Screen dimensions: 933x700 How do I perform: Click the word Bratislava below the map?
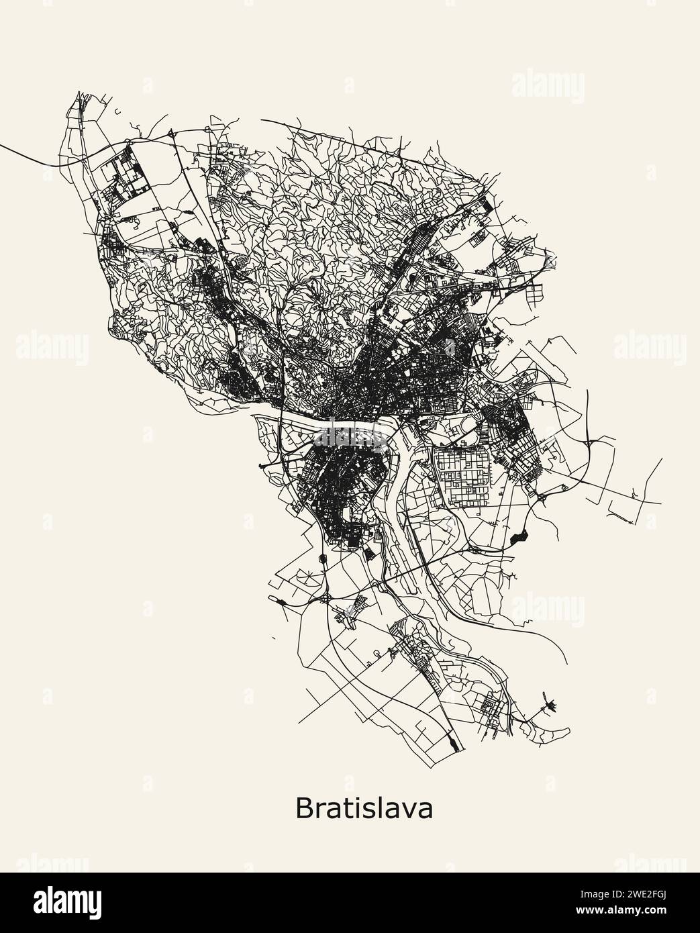[x=364, y=808]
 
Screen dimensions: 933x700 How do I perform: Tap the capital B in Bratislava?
[x=303, y=808]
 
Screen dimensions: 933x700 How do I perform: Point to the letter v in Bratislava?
[x=411, y=810]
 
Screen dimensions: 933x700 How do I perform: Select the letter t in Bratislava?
[x=344, y=809]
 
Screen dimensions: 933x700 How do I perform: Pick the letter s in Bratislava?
[x=366, y=810]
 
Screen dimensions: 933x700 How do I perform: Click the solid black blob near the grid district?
[x=519, y=536]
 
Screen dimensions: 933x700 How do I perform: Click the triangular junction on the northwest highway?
[x=173, y=134]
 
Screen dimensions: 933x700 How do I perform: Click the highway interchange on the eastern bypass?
[x=590, y=443]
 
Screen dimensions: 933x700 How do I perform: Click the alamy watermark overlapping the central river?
[x=350, y=432]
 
